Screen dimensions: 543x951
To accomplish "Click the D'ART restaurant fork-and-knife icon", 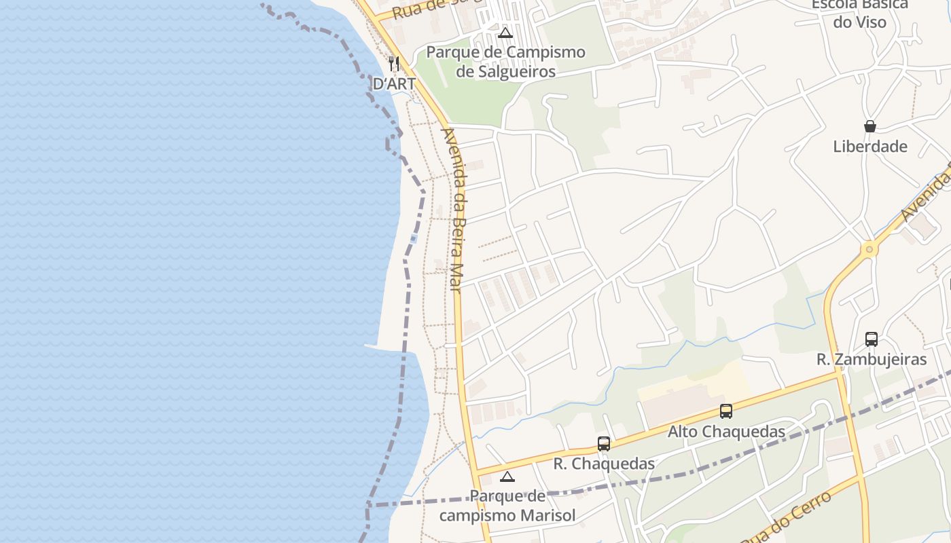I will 394,64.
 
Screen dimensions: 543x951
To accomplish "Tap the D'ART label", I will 394,84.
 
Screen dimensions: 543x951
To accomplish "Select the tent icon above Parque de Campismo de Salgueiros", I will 505,33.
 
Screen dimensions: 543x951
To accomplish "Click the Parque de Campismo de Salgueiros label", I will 505,62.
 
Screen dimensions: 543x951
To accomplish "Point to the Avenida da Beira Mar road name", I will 452,210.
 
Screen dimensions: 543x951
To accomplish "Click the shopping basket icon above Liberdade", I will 870,126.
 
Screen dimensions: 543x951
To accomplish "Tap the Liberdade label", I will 870,147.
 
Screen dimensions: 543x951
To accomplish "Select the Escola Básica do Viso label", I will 860,14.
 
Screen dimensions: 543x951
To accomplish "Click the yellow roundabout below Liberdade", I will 869,250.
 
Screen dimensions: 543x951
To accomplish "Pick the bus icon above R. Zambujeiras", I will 872,339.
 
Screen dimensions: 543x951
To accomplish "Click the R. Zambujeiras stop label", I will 872,360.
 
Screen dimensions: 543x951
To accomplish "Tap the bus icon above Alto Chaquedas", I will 726,411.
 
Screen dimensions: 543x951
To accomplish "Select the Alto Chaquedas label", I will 726,432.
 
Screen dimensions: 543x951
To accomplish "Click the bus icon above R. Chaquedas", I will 604,443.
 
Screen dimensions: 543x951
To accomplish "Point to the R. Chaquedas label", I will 604,464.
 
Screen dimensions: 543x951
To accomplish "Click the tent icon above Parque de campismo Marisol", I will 507,476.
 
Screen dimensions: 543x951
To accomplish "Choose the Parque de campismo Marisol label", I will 507,506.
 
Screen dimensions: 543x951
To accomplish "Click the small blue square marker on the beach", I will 414,238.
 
